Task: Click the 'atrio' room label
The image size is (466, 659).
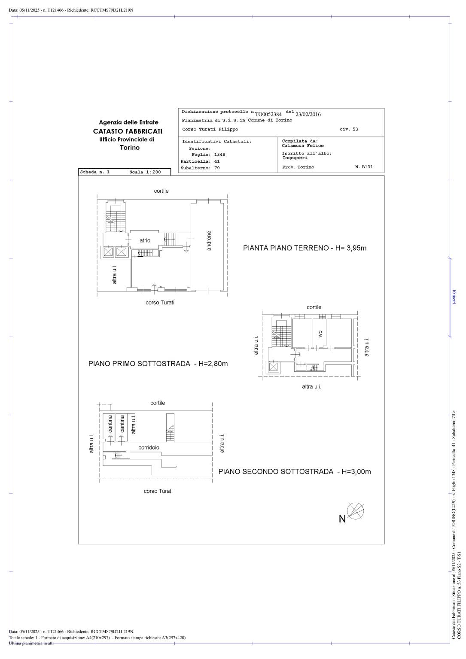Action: (145, 240)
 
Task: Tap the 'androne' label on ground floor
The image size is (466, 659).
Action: (209, 241)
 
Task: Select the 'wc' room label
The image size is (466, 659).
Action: (320, 333)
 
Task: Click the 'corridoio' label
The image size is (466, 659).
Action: (149, 447)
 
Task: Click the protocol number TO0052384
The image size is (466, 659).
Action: (268, 114)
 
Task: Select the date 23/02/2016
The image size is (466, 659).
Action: (308, 114)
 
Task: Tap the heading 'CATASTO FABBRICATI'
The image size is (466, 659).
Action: (128, 131)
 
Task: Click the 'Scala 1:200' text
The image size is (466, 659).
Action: (145, 172)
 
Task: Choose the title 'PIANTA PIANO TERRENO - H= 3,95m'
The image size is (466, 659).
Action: (305, 248)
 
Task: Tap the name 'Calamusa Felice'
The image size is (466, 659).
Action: (303, 146)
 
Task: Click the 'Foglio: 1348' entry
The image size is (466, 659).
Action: (208, 155)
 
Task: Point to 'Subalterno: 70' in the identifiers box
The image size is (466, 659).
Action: (200, 168)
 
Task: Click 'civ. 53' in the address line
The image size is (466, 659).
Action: (348, 129)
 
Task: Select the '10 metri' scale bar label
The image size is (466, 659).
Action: (454, 297)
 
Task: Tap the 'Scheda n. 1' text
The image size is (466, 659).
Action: (95, 172)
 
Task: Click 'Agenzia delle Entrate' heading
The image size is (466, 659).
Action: (128, 122)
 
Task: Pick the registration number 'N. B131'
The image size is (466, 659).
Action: (364, 167)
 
